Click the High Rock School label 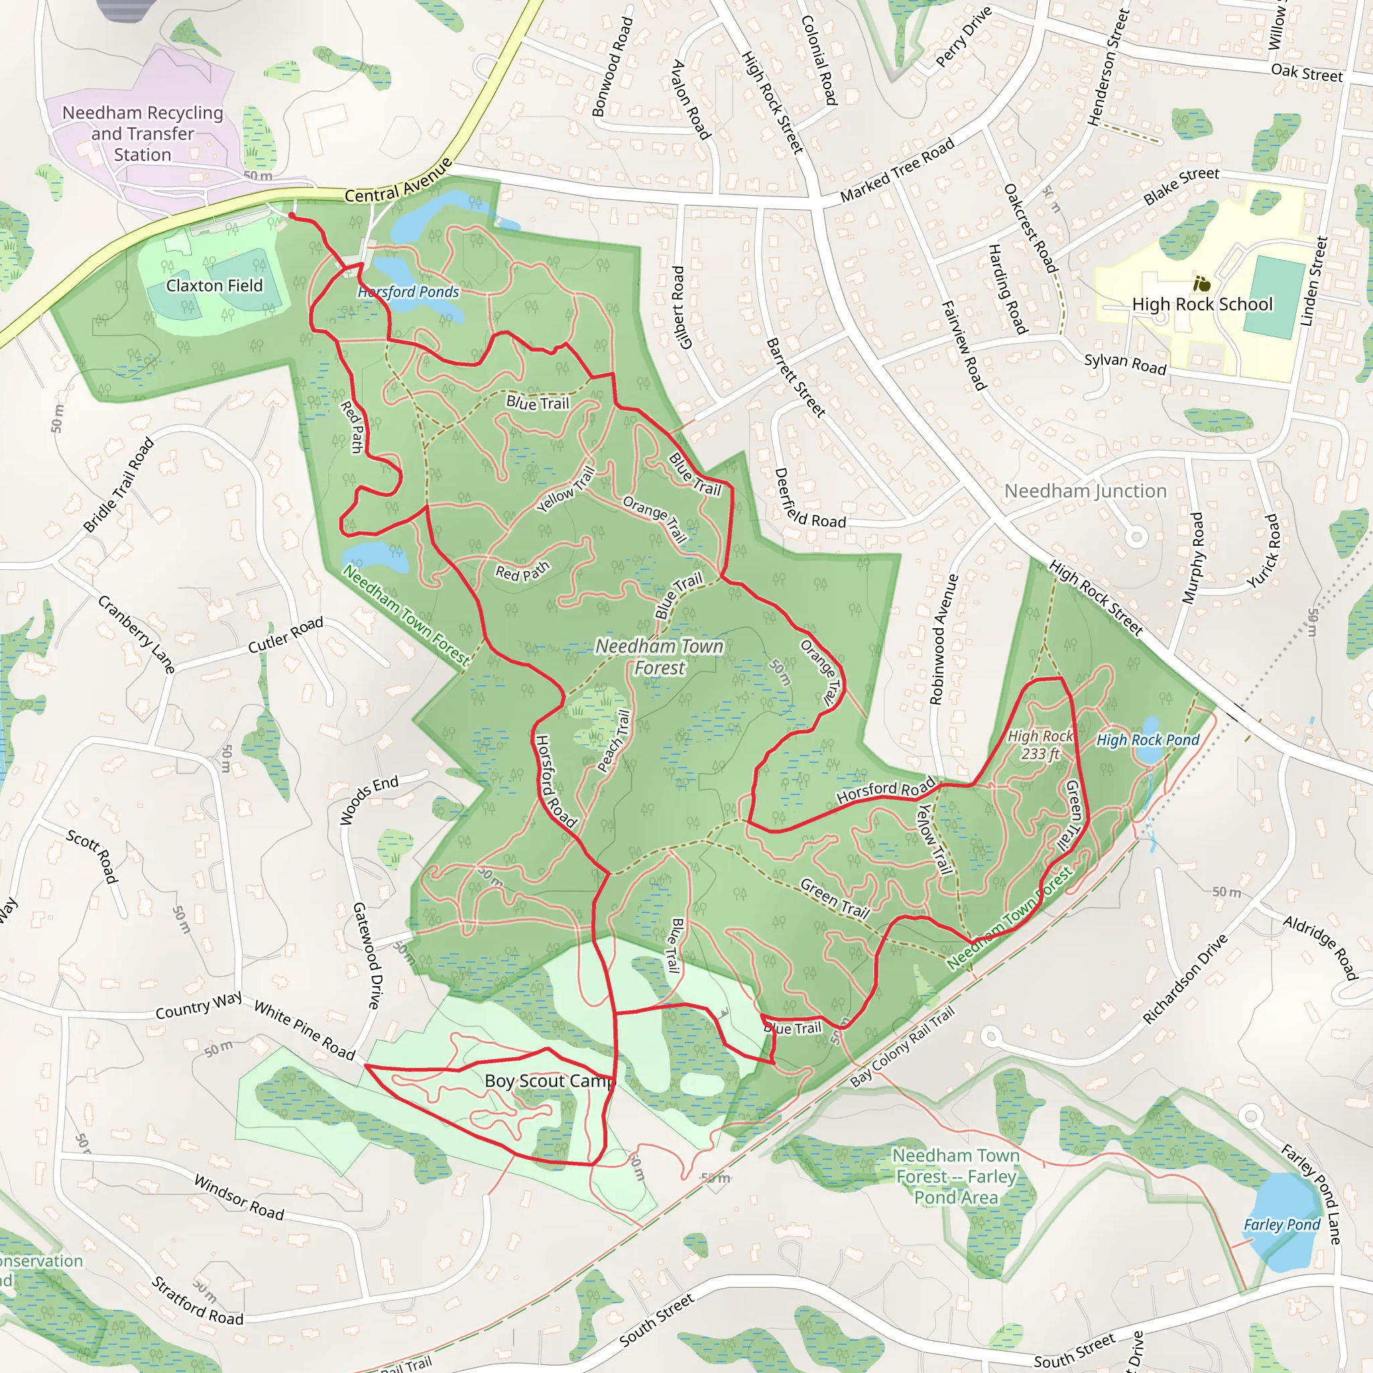tap(1202, 304)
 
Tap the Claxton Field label tap(214, 286)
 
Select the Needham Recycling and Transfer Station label tap(143, 133)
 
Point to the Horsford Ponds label tap(409, 292)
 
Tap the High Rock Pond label tap(1148, 740)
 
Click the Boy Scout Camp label tap(548, 1081)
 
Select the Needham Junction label tap(1085, 491)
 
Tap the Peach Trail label tap(614, 741)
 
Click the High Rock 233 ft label tap(1040, 745)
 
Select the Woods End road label tap(368, 800)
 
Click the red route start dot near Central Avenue tap(292, 215)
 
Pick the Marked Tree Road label tap(897, 171)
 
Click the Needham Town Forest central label tap(660, 656)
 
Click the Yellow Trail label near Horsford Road tap(933, 839)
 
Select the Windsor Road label tap(239, 1197)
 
